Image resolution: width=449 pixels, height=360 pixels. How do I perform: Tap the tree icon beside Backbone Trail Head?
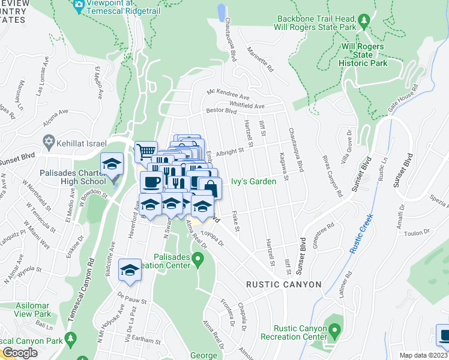[364, 22]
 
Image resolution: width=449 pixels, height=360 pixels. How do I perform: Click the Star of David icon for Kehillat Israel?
[48, 143]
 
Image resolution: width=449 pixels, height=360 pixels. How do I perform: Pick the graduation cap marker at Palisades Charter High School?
[112, 164]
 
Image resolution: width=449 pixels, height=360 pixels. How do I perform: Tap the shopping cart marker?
[145, 151]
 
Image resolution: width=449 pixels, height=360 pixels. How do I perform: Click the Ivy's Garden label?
[254, 181]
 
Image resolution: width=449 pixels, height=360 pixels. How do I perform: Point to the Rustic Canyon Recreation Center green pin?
[334, 329]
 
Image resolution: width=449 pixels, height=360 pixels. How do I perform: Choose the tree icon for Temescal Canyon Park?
[70, 339]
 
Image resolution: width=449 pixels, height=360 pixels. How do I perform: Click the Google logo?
[19, 353]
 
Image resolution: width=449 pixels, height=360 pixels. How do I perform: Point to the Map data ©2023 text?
[423, 355]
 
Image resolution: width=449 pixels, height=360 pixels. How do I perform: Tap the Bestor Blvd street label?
[218, 111]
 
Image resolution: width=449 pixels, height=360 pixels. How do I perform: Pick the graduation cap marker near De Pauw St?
[129, 270]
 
